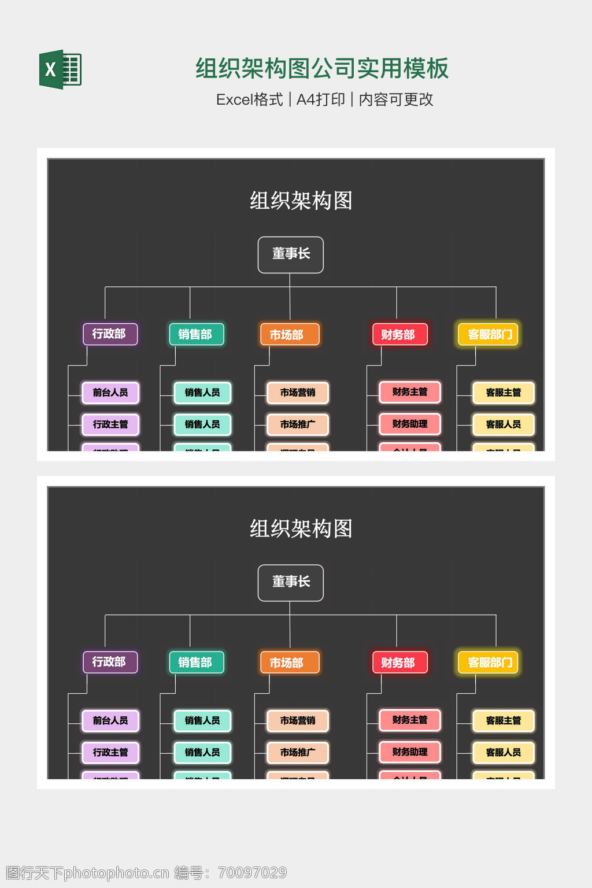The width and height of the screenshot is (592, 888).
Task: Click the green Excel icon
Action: coord(61,69)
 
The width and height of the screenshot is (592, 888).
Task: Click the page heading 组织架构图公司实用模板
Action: coord(322,68)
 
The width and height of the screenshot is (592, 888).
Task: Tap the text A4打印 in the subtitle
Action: coord(321,99)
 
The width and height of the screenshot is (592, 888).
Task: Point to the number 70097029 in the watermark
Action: coord(252,872)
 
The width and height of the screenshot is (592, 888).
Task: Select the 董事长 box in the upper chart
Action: coord(291,254)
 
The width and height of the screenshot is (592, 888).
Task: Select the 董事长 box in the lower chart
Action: coord(291,582)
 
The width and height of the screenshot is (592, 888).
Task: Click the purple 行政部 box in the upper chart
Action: coord(110,334)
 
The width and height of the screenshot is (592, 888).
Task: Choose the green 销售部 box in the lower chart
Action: coord(196,662)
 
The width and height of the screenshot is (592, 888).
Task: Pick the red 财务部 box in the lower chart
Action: coord(399,663)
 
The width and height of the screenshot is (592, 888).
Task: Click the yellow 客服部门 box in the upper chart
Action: coord(489,334)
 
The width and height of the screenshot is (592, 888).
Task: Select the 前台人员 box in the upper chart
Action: coord(110,393)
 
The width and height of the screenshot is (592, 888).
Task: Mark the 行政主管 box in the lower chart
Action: coord(110,752)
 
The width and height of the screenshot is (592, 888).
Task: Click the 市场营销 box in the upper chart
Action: coord(298,393)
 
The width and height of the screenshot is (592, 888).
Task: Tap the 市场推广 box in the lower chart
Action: coord(298,752)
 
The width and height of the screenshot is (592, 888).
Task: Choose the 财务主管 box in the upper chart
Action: coord(410,392)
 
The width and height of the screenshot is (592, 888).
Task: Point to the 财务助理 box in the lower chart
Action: coord(410,752)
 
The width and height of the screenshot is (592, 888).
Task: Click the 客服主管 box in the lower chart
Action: coord(504,720)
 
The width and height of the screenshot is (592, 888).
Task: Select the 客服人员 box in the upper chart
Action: coord(504,424)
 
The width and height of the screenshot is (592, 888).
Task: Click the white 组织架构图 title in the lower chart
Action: coord(301,528)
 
